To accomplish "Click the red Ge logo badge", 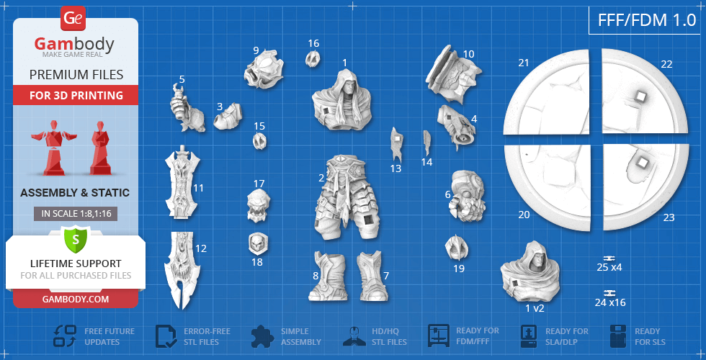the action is click(73, 19).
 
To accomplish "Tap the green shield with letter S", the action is click(76, 240).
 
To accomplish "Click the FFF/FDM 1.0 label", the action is click(647, 20).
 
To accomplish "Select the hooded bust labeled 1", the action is click(341, 100).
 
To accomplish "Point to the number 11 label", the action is click(198, 188).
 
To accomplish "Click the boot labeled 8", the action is click(327, 275).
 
